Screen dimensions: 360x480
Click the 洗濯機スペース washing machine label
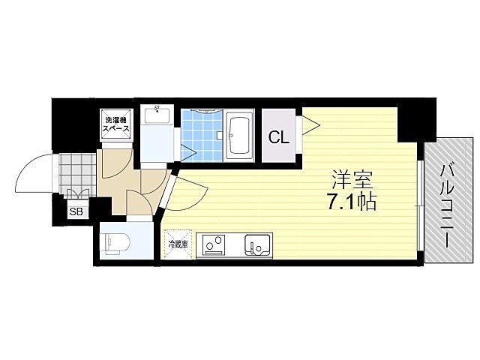[116, 124]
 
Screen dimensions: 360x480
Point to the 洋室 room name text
[352, 180]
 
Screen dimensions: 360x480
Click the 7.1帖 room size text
[351, 201]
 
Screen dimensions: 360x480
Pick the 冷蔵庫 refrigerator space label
[178, 244]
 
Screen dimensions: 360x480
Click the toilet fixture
[116, 241]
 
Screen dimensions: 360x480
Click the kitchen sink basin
[257, 244]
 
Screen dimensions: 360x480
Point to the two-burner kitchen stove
[215, 244]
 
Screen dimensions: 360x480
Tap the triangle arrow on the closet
[307, 126]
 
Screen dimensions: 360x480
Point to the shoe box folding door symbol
[78, 196]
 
